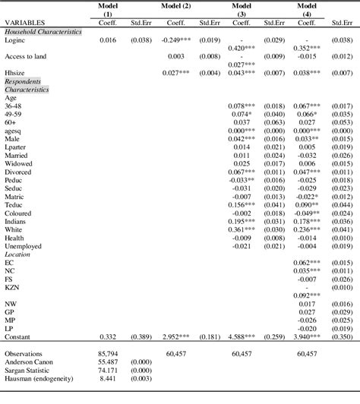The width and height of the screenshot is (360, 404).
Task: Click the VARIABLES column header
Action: pyautogui.click(x=25, y=23)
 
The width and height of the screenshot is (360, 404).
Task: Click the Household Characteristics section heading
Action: pyautogui.click(x=44, y=30)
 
